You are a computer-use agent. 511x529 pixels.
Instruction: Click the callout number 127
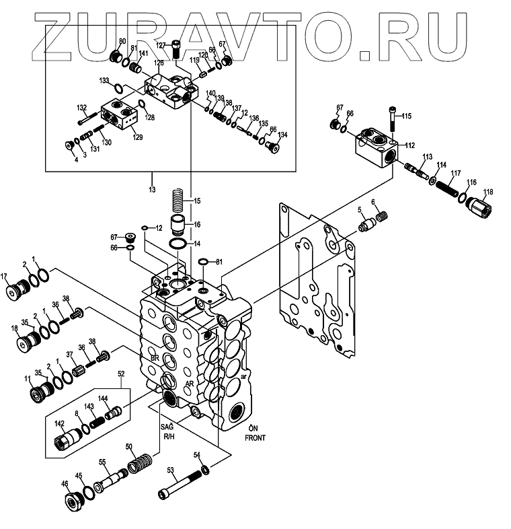pos(161,45)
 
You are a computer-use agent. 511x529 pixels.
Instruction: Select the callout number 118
pos(487,192)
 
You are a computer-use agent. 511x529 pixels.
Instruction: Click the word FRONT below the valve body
pos(255,437)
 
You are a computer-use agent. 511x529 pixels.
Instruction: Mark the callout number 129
pos(137,137)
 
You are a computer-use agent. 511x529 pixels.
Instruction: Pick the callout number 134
pos(283,135)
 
